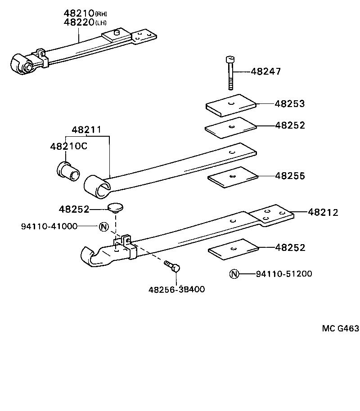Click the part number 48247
click(x=265, y=71)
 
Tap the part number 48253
click(x=290, y=104)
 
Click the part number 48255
click(x=290, y=175)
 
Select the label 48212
click(x=323, y=212)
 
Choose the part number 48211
click(x=87, y=130)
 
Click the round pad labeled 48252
click(x=116, y=207)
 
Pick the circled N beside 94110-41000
click(x=103, y=226)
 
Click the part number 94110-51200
click(x=283, y=274)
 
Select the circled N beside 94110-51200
click(x=234, y=274)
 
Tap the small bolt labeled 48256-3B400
click(x=172, y=266)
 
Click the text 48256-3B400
click(x=176, y=289)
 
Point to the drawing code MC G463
click(x=340, y=328)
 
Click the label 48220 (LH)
click(x=85, y=22)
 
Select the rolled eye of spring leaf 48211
click(x=97, y=185)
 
